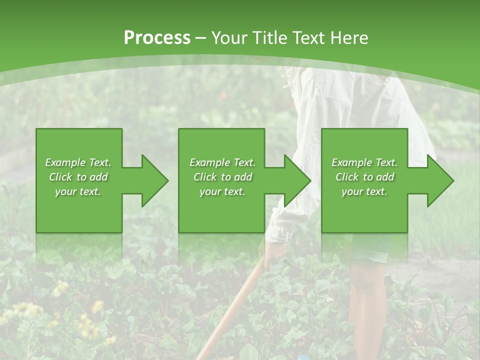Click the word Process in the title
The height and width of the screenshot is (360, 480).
click(x=157, y=37)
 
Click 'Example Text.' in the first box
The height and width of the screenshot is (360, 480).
click(x=78, y=162)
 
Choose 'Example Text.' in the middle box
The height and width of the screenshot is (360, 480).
click(x=222, y=162)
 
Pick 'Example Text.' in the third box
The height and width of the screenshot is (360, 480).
click(x=364, y=162)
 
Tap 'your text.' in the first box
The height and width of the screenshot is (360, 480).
click(x=78, y=191)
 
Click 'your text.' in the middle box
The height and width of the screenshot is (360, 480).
click(x=222, y=191)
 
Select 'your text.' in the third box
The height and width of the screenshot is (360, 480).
click(x=364, y=191)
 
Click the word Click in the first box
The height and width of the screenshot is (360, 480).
click(x=61, y=177)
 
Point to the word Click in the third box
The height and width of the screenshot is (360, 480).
click(x=347, y=177)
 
